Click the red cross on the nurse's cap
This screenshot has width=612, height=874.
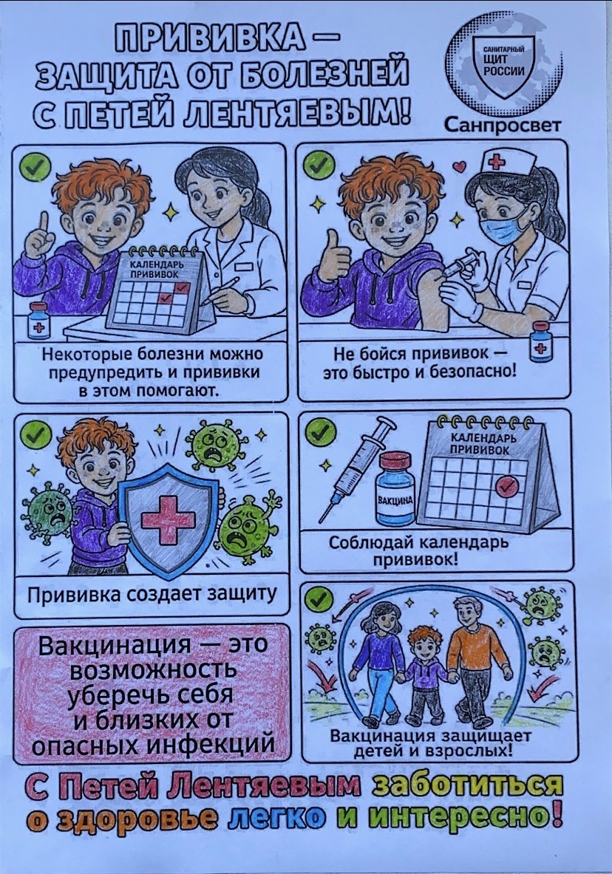tap(496, 161)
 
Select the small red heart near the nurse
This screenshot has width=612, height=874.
tap(459, 166)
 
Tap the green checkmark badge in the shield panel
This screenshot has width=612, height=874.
tap(35, 436)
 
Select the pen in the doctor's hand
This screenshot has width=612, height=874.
tap(221, 290)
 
